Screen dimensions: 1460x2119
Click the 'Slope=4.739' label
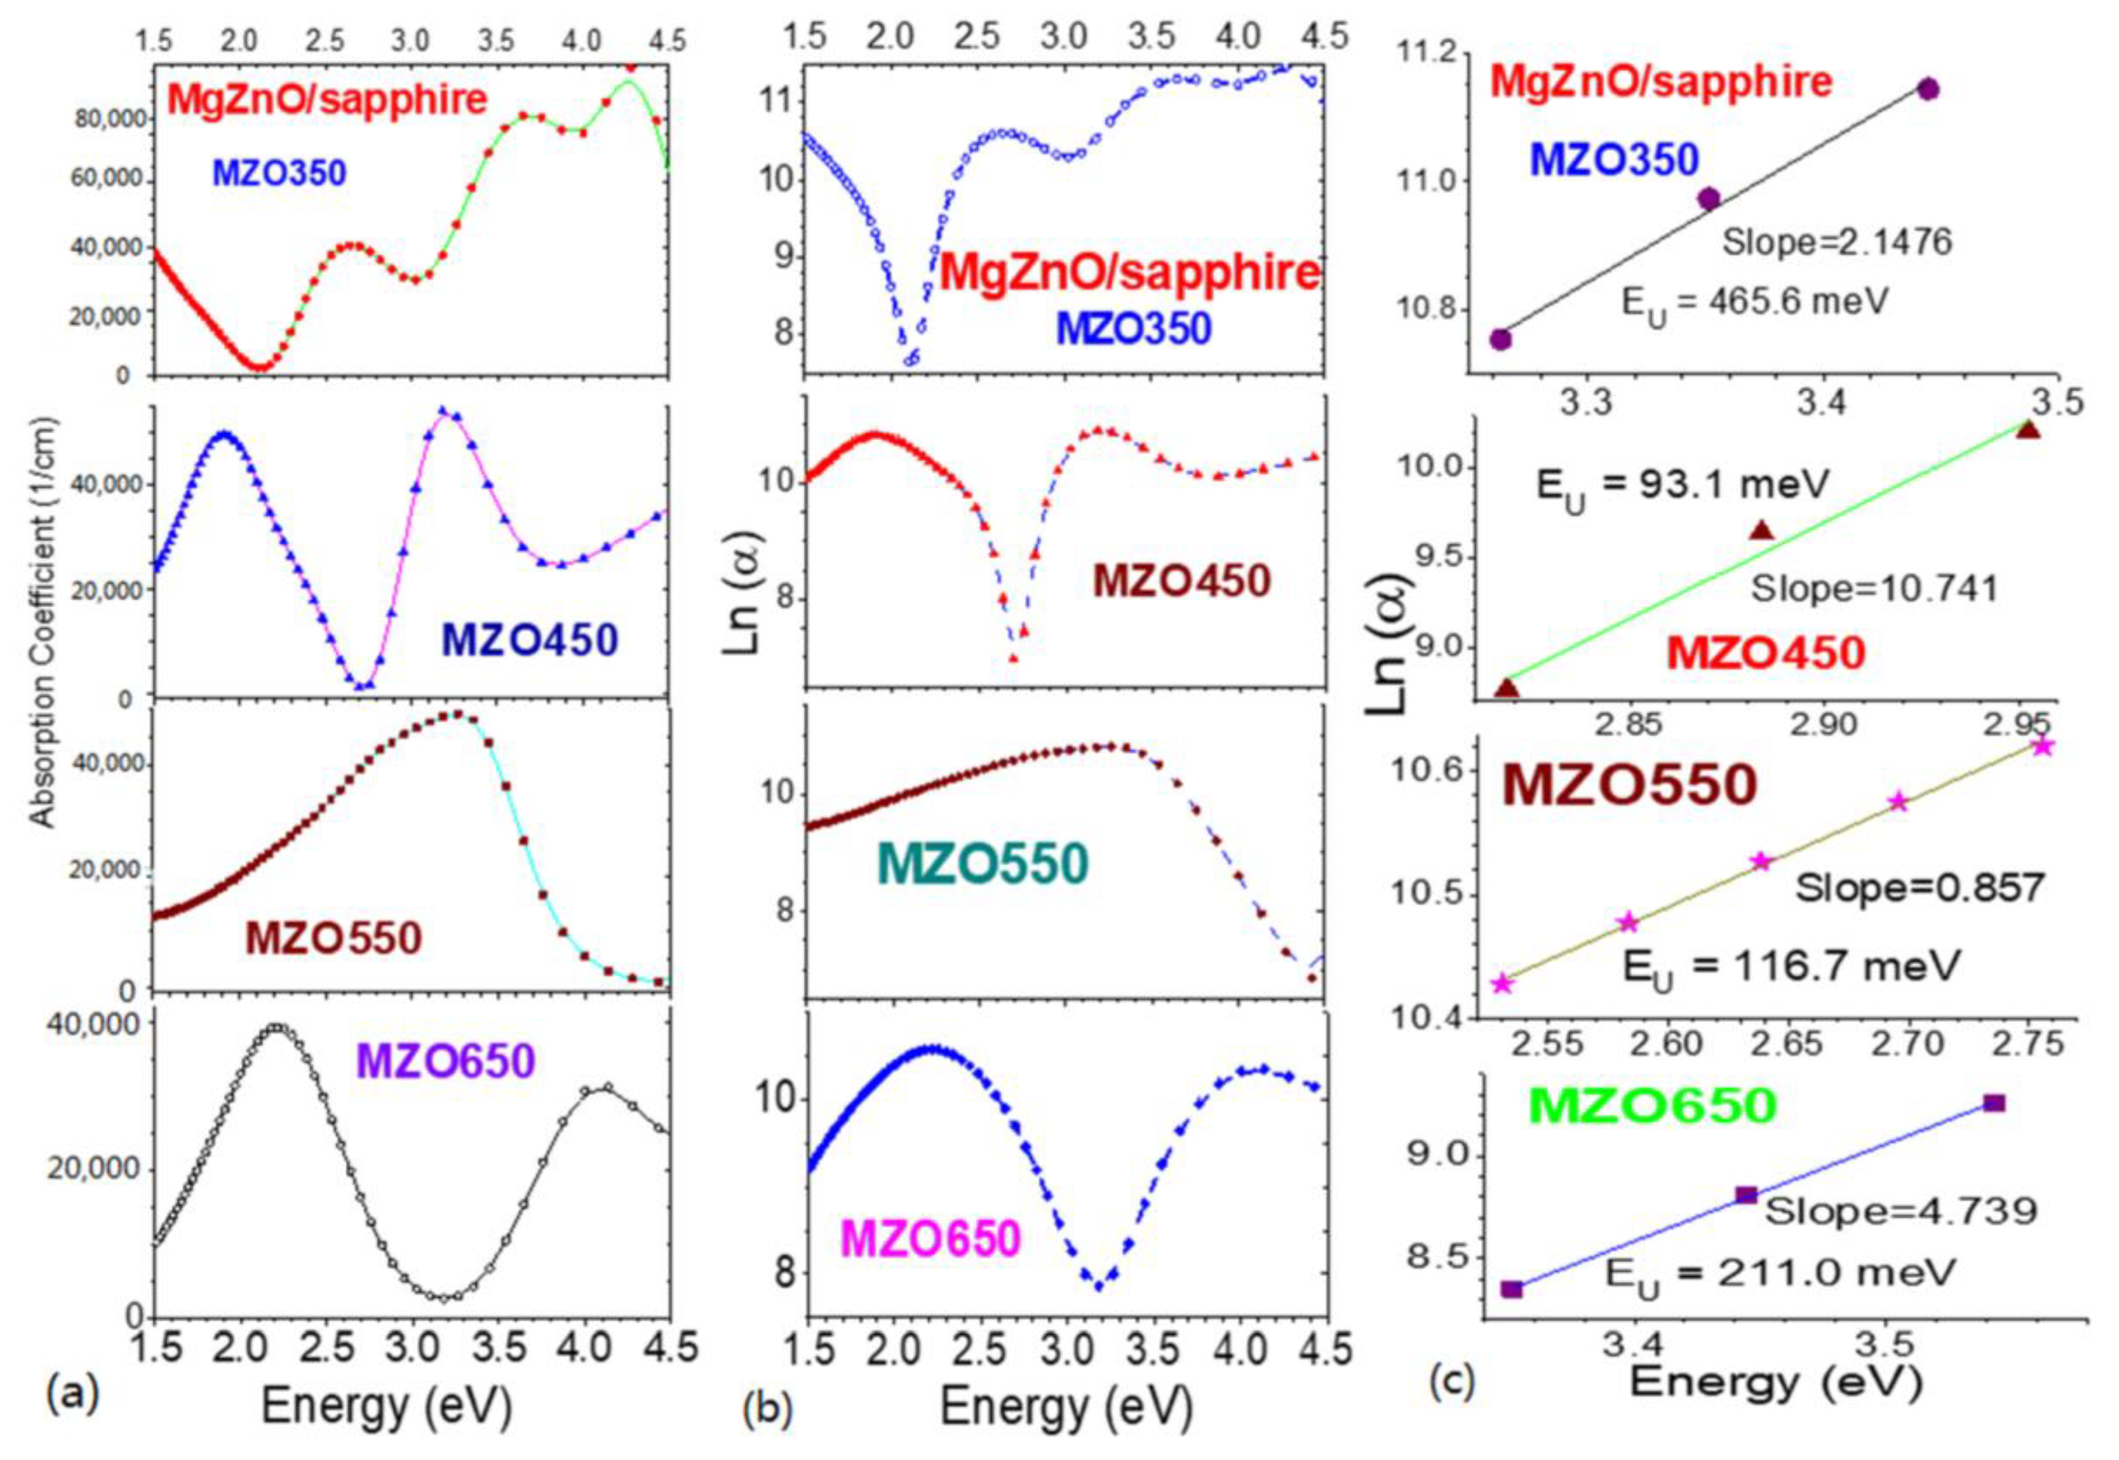pyautogui.click(x=1900, y=1211)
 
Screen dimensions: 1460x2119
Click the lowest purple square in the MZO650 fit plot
pyautogui.click(x=1511, y=1289)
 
